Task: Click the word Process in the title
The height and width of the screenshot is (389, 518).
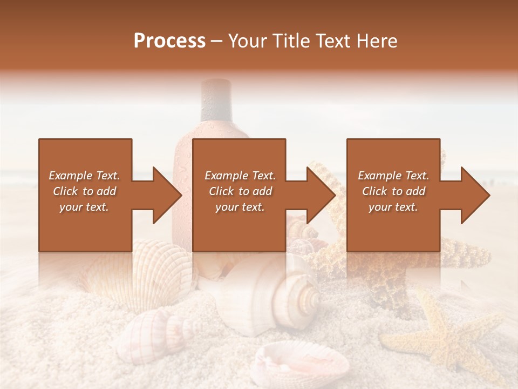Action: point(169,41)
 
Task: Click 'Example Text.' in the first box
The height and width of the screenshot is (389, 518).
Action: point(84,176)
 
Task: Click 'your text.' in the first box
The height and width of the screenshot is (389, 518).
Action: point(84,207)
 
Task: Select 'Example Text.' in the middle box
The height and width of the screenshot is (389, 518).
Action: point(240,176)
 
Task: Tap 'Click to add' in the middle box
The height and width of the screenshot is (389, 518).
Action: point(240,191)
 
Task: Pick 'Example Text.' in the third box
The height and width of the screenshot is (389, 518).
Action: point(393,176)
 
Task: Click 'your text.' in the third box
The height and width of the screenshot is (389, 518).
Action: point(393,207)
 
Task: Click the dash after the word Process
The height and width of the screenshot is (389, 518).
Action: point(217,41)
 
